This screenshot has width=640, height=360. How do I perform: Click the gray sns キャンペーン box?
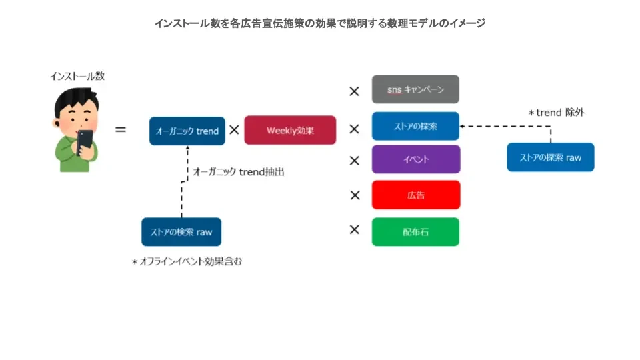[x=415, y=89]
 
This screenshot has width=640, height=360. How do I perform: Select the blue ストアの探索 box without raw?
[x=415, y=126]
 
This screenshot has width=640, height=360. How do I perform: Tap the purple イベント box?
[x=415, y=159]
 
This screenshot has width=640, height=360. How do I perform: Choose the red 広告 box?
[x=415, y=195]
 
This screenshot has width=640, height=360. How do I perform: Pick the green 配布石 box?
[x=415, y=232]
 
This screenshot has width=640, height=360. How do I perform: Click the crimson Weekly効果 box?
[x=290, y=130]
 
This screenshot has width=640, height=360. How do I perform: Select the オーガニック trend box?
[x=187, y=131]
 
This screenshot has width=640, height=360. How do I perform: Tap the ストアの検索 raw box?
[x=181, y=232]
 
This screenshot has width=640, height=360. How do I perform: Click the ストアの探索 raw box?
[x=551, y=157]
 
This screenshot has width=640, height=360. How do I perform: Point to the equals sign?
[x=121, y=130]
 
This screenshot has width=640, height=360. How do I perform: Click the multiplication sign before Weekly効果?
[x=234, y=130]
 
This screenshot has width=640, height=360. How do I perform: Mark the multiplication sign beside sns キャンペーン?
[x=354, y=91]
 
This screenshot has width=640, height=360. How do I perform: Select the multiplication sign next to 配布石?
[x=355, y=229]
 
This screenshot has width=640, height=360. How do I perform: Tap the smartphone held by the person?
[x=85, y=141]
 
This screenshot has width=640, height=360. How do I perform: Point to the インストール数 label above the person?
[x=77, y=76]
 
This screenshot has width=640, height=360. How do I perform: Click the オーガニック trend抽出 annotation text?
[x=239, y=172]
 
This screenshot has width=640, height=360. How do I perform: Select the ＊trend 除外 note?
[x=556, y=112]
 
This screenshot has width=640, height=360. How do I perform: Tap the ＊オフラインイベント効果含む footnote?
[x=187, y=261]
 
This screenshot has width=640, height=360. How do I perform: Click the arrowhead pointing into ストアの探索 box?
[x=462, y=126]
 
